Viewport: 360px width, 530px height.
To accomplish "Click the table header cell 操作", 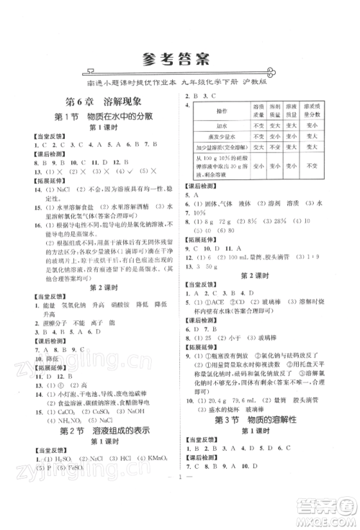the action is tap(220, 112).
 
